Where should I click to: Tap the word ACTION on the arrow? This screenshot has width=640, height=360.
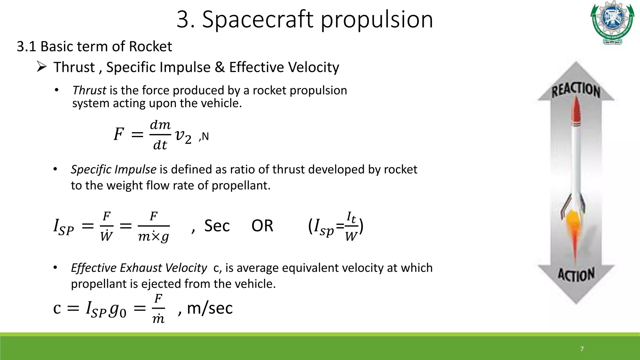pyautogui.click(x=576, y=275)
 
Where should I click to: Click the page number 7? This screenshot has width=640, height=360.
pyautogui.click(x=582, y=349)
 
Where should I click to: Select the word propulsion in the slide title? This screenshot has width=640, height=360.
pyautogui.click(x=377, y=19)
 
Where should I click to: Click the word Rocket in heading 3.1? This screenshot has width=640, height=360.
pyautogui.click(x=150, y=47)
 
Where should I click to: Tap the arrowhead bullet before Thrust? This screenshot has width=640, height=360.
pyautogui.click(x=42, y=67)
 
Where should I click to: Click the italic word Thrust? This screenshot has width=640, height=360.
pyautogui.click(x=89, y=90)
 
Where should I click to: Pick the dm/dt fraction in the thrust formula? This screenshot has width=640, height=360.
pyautogui.click(x=160, y=135)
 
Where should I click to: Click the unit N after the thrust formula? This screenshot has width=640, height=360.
pyautogui.click(x=205, y=136)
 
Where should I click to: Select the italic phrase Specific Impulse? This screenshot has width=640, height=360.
pyautogui.click(x=113, y=169)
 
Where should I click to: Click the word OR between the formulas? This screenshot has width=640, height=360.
pyautogui.click(x=262, y=226)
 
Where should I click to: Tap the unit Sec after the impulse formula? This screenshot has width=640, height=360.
pyautogui.click(x=217, y=226)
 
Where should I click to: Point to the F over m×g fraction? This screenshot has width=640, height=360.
pyautogui.click(x=153, y=226)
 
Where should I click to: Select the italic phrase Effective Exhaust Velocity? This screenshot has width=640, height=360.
pyautogui.click(x=139, y=268)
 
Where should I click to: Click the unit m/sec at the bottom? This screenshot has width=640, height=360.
pyautogui.click(x=210, y=308)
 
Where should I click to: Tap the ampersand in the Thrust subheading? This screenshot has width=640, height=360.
pyautogui.click(x=220, y=67)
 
